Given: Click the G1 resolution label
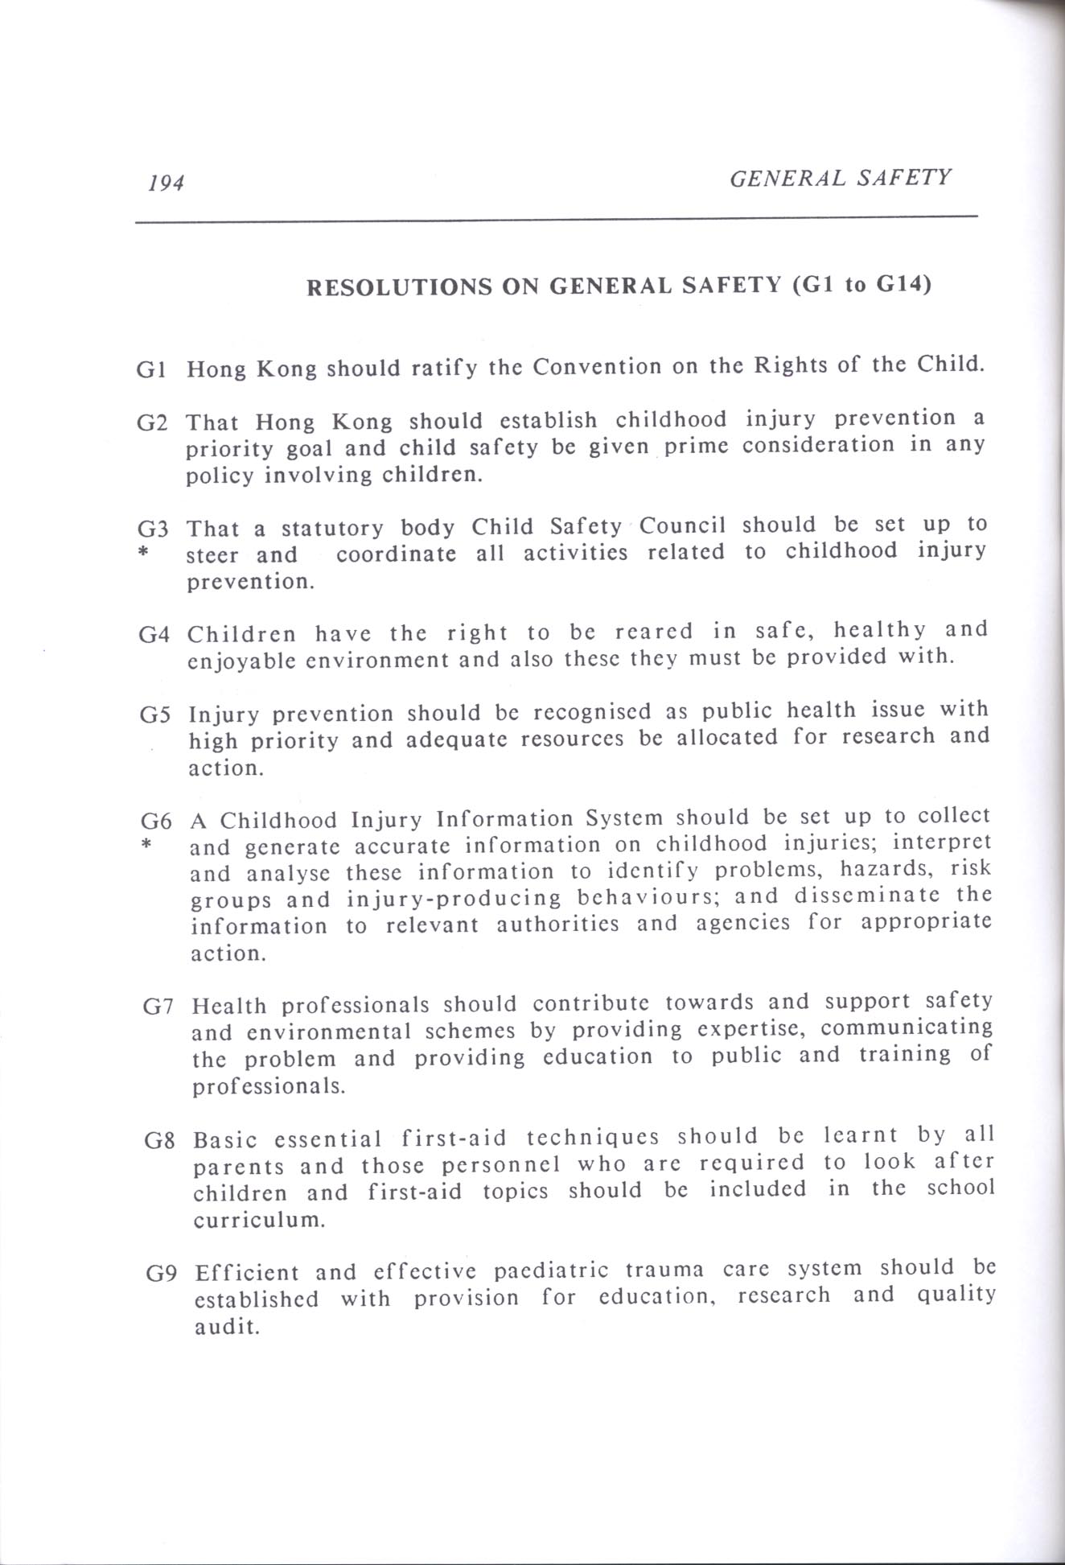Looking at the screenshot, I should [x=152, y=371].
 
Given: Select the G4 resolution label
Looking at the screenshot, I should [x=154, y=634].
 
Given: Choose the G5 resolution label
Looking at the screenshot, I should [x=155, y=715].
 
